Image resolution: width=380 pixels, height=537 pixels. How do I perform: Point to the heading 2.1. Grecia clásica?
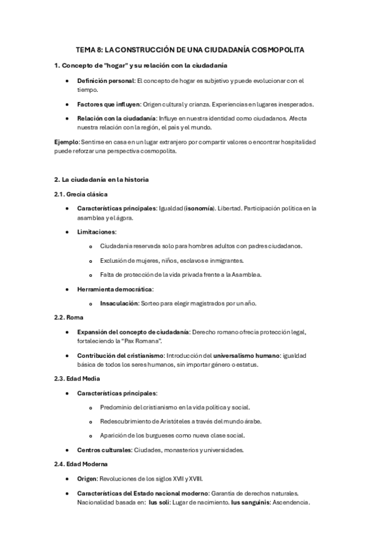81,193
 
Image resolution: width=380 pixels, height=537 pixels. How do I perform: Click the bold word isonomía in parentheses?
204,208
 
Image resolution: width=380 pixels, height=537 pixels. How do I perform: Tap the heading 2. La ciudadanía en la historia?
102,179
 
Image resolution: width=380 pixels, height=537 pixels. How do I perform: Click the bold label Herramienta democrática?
111,289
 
